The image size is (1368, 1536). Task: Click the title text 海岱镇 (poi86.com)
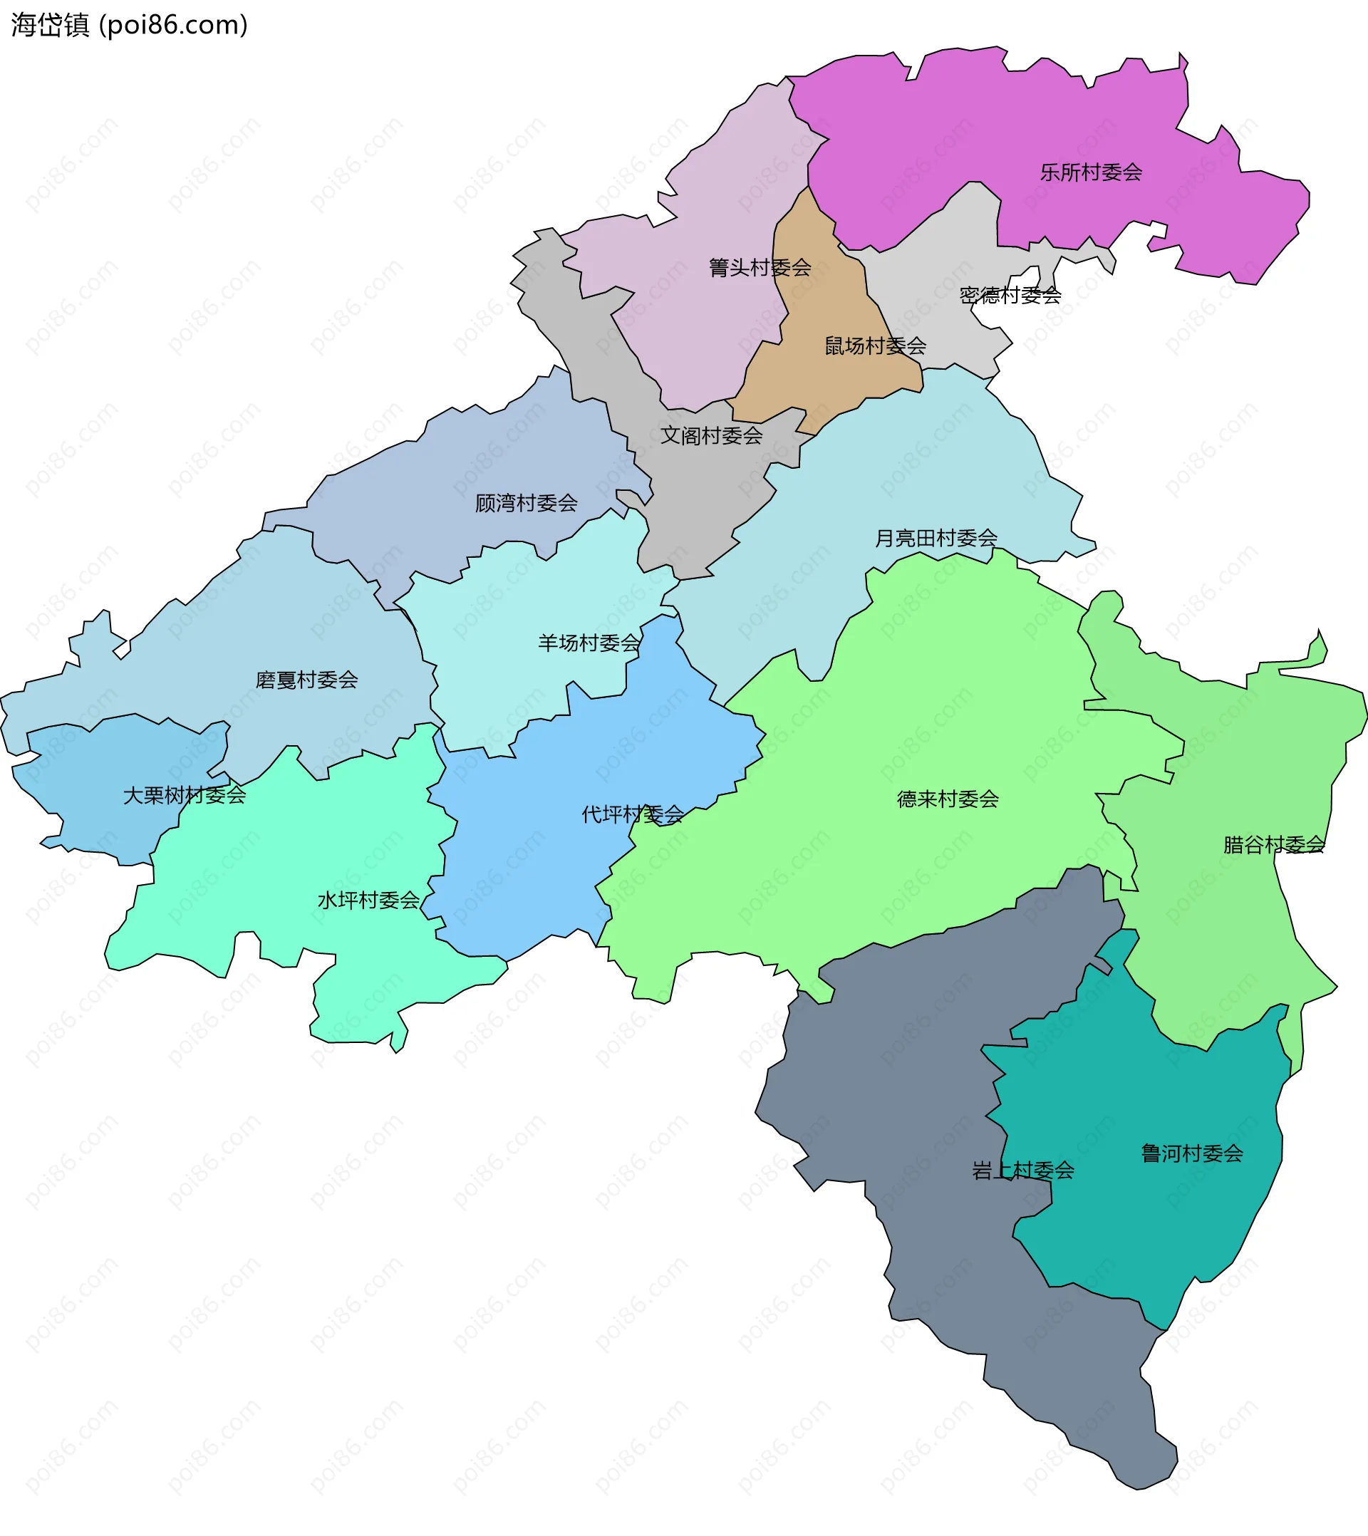click(x=129, y=26)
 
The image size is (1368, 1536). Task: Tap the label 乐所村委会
click(x=1091, y=173)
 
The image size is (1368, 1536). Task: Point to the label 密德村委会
click(x=1010, y=296)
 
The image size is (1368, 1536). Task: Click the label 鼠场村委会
click(x=875, y=346)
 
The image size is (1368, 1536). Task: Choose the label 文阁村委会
click(x=711, y=436)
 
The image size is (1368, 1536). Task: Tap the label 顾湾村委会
click(x=526, y=504)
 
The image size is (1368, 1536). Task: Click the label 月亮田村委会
click(x=936, y=538)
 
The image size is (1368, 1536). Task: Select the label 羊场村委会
click(x=589, y=643)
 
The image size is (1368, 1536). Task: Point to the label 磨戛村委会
click(x=306, y=680)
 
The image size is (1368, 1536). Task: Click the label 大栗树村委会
click(x=184, y=795)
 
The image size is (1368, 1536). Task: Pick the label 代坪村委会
click(x=632, y=814)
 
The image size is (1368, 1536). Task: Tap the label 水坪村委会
click(x=368, y=901)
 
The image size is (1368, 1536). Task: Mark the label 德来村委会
click(x=947, y=799)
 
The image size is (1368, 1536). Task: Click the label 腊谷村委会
click(x=1274, y=846)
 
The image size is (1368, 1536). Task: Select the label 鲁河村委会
click(x=1192, y=1153)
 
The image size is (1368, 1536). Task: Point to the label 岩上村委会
click(x=1022, y=1170)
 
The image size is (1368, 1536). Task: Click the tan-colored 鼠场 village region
click(x=826, y=301)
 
